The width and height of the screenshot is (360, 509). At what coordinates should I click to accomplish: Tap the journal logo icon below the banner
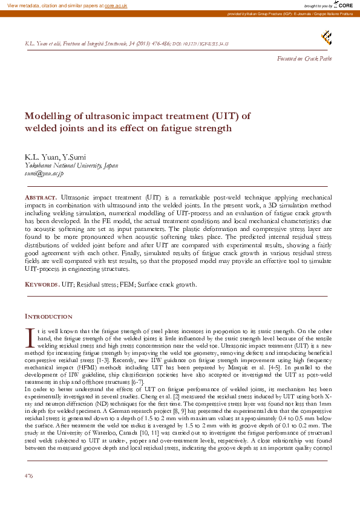326,38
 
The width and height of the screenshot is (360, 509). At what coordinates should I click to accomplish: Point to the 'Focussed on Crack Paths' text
304,58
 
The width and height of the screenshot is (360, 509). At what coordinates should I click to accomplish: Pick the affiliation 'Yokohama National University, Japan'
71,166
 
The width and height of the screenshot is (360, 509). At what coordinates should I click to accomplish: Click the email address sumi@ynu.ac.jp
44,173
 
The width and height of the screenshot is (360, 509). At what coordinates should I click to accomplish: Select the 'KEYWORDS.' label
42,284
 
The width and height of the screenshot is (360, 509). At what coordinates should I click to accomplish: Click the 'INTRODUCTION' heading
48,316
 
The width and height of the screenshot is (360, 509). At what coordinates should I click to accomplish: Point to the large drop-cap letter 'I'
28,336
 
